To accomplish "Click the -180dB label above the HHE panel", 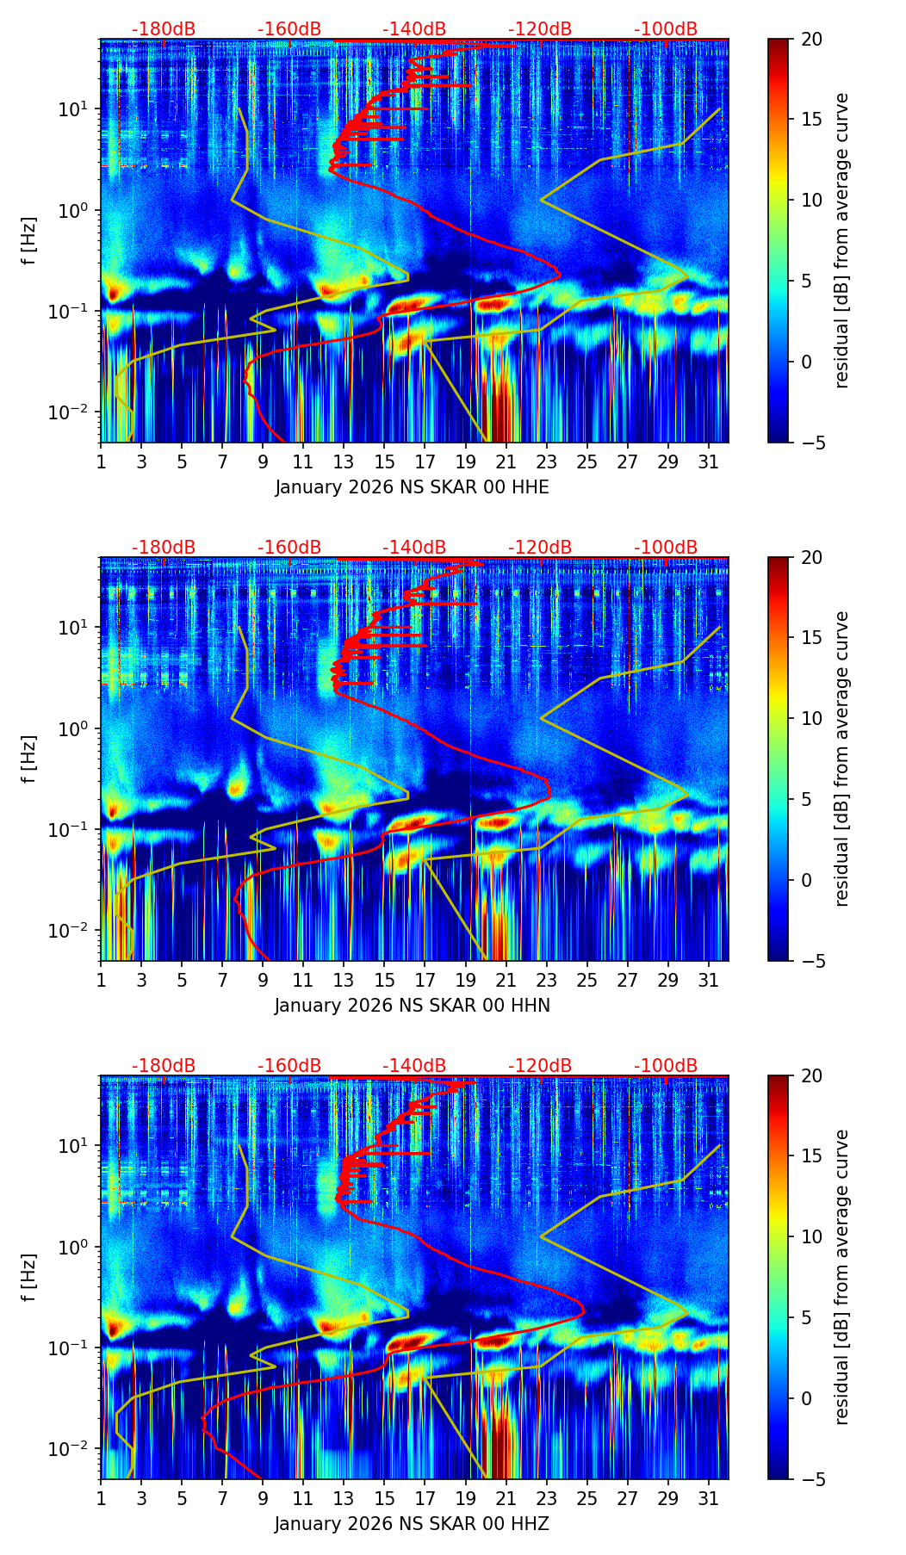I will (164, 29).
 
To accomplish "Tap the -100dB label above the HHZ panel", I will (666, 1066).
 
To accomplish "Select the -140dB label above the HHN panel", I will (414, 548).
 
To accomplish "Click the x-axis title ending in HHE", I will (412, 487).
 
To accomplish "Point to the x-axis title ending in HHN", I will (412, 1006).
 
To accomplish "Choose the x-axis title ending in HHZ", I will (412, 1524).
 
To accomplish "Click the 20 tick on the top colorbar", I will (811, 40).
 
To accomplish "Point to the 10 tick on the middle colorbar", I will (811, 718).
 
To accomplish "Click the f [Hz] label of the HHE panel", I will (29, 241).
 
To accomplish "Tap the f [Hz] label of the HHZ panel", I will (29, 1278).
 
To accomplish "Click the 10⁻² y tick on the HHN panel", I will (75, 931).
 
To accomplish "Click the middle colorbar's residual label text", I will (842, 759).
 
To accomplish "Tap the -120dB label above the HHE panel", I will (540, 29).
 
